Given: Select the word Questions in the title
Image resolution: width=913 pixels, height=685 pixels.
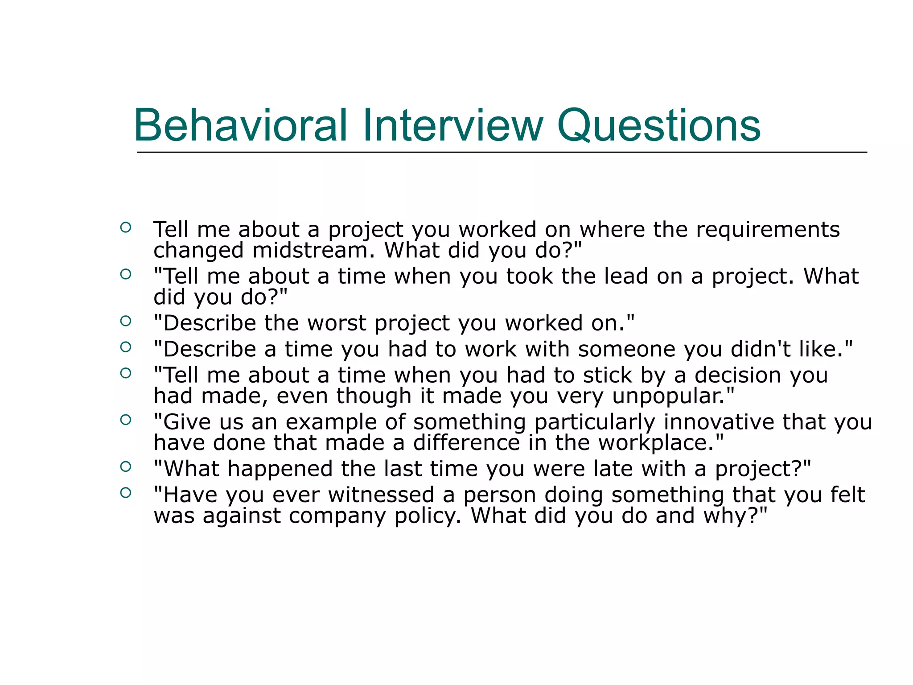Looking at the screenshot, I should coord(658,126).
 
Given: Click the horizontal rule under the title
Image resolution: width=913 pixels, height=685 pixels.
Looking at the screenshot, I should coord(502,153).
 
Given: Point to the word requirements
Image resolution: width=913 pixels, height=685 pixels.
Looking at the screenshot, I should coord(768,230).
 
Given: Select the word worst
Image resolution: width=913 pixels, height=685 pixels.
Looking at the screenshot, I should coord(337,323).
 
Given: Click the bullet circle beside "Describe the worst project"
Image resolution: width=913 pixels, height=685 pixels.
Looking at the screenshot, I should coord(126,321).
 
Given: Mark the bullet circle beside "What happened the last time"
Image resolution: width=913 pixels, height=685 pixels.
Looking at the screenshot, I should coord(126,466).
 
